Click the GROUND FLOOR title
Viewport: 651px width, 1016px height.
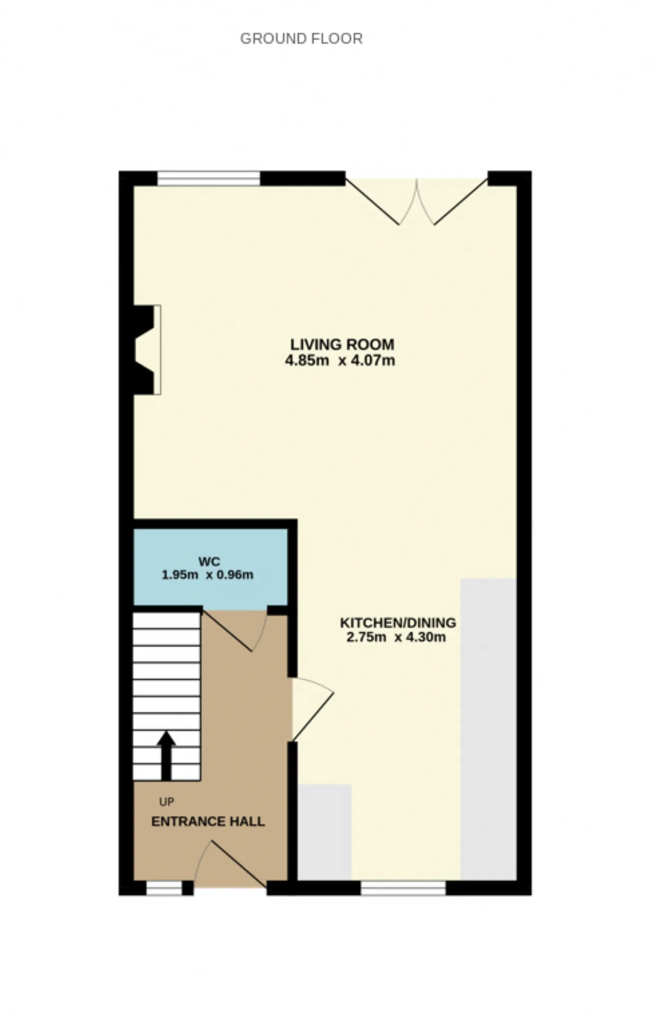301,39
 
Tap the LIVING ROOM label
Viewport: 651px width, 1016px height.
342,344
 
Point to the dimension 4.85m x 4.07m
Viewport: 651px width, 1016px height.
340,361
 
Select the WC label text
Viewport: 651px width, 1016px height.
209,562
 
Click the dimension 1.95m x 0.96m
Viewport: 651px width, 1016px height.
208,575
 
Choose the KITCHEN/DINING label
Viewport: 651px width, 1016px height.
398,623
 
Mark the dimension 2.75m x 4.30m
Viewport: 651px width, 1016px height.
396,637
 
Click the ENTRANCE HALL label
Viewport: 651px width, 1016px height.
208,822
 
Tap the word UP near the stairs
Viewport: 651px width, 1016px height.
166,802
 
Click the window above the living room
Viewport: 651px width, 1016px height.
209,179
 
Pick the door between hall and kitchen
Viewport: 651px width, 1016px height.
311,709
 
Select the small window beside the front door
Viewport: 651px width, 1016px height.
164,888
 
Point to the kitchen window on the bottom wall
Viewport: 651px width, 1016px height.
403,888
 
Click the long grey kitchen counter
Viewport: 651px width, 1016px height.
488,730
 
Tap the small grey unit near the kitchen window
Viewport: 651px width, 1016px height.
324,832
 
